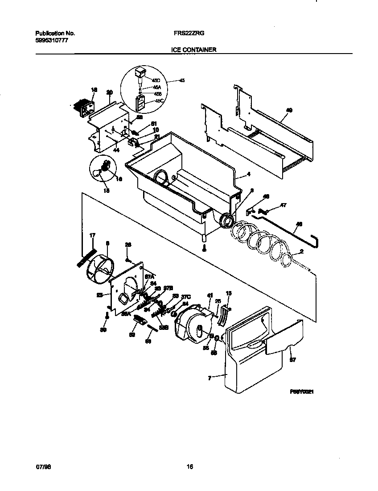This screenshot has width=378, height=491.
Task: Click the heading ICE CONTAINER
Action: tap(193, 50)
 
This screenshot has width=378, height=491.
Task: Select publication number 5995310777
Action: tap(52, 41)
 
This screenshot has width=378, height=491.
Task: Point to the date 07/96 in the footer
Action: tap(41, 467)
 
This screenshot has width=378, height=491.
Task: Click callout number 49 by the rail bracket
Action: tap(289, 109)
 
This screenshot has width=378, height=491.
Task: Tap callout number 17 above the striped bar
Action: tap(92, 235)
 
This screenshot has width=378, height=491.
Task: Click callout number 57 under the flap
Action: tap(292, 359)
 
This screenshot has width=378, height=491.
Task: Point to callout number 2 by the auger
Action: tap(301, 251)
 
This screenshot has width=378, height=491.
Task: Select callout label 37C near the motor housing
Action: tap(186, 296)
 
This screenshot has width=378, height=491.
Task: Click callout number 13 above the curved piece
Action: tap(229, 294)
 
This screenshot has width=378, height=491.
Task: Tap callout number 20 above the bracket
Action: tap(109, 93)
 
